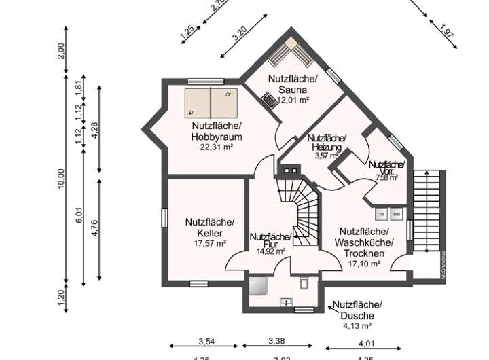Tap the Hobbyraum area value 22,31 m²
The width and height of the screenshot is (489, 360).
coord(217,147)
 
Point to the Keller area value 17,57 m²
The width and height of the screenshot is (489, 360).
coord(210,243)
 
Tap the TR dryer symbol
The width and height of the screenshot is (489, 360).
coord(381,214)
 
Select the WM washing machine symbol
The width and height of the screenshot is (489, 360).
coord(397,214)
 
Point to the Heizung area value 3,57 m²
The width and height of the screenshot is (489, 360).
coord(325,156)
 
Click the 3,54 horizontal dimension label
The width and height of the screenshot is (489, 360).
coord(206,341)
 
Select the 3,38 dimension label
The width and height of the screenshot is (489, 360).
coord(276,341)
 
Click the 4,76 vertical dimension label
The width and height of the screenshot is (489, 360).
coord(95,228)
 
